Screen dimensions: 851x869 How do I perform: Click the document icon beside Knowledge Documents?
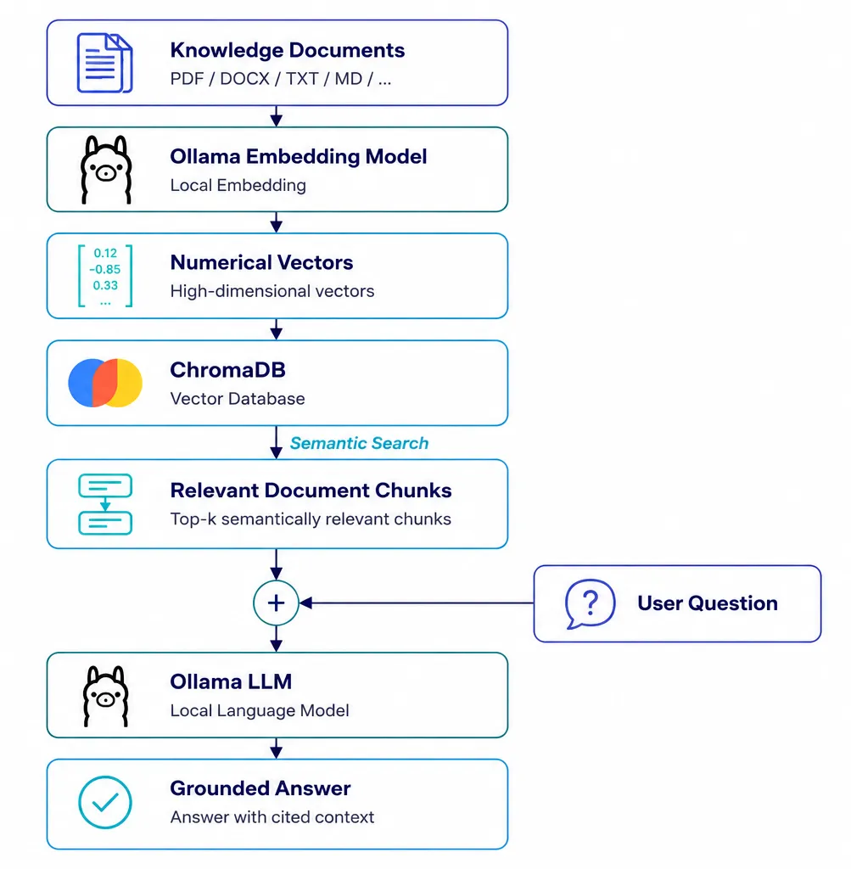click(x=104, y=63)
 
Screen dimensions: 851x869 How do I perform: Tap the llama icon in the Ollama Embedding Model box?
click(x=106, y=170)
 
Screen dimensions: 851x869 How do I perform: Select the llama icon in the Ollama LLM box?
click(x=105, y=696)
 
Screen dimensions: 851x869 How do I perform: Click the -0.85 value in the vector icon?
click(x=104, y=269)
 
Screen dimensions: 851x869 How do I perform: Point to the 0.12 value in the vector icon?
click(x=105, y=253)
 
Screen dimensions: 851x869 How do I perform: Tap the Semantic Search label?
click(x=359, y=443)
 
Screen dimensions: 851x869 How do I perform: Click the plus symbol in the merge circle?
click(x=276, y=603)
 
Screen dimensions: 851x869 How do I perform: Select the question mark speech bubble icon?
click(x=590, y=603)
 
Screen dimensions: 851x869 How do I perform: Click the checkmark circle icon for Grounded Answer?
click(x=104, y=803)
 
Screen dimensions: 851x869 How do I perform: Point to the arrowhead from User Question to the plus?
click(x=305, y=603)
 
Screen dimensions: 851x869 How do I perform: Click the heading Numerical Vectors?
click(x=261, y=262)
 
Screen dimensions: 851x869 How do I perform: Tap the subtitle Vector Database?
click(x=237, y=399)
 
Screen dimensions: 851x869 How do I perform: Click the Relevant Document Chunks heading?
click(x=311, y=491)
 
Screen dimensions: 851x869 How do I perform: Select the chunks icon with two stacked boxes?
click(x=105, y=504)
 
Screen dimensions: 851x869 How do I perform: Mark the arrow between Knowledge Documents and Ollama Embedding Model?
click(x=276, y=116)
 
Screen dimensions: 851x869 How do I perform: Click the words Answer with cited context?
click(x=272, y=817)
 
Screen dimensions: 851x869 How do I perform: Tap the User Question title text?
click(x=708, y=603)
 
